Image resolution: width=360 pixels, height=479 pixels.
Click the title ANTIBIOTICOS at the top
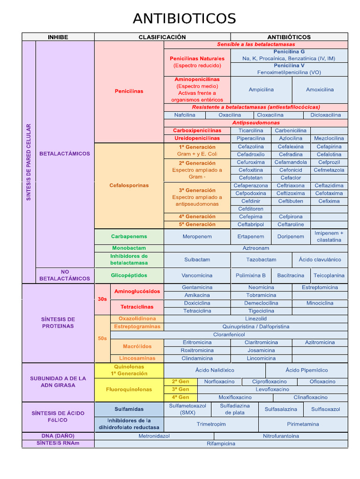click(x=184, y=19)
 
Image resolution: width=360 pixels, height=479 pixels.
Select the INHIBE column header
click(x=58, y=37)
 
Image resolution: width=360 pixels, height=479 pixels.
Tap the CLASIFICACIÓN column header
click(x=162, y=37)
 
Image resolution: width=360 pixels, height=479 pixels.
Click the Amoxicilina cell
click(x=320, y=89)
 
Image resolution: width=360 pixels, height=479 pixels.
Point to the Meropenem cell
click(x=197, y=236)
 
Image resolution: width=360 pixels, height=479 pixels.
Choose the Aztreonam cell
click(x=256, y=248)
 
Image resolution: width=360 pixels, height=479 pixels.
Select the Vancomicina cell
click(x=197, y=276)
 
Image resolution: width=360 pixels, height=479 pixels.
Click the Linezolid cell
click(x=256, y=319)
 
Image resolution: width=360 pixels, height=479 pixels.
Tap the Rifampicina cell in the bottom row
click(x=221, y=443)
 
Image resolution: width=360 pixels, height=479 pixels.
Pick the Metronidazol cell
click(x=154, y=436)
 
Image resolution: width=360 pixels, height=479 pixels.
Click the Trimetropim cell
click(x=211, y=424)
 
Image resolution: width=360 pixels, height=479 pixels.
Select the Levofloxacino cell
click(x=272, y=389)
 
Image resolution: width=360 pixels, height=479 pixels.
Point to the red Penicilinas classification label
click(x=129, y=91)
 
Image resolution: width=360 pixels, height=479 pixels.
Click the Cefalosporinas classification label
click(x=129, y=185)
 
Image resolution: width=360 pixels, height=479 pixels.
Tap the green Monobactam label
click(x=129, y=248)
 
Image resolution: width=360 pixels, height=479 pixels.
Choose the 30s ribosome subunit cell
click(x=102, y=298)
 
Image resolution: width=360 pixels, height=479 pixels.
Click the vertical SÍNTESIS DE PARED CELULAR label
click(x=29, y=162)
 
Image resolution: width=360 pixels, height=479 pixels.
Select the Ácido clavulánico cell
click(x=320, y=260)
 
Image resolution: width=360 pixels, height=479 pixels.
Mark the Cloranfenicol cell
click(x=229, y=334)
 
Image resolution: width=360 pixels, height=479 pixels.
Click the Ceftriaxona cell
click(x=291, y=186)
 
